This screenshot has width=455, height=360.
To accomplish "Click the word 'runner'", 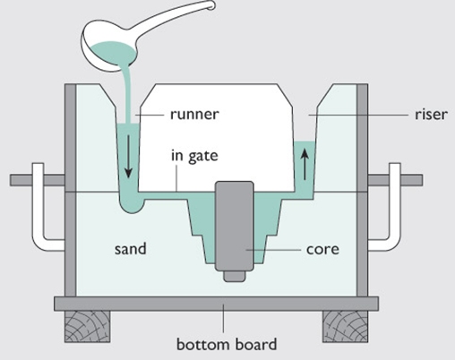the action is [194, 115].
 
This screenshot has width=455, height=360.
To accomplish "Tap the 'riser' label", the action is [431, 115].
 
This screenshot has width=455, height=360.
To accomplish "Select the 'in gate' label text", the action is [194, 156].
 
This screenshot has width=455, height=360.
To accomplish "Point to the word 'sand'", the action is [131, 249].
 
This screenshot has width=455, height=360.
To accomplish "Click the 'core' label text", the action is [322, 249].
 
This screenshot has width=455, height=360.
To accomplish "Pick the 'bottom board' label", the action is [227, 344].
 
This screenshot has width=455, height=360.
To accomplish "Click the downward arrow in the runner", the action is [128, 157].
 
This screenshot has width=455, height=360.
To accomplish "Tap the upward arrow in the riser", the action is [305, 164].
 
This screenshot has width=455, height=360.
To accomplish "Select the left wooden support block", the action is [87, 327].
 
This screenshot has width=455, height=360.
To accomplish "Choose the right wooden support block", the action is [345, 327].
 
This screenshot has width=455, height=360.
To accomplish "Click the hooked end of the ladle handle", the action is [210, 5].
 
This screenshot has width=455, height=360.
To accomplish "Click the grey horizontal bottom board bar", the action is [217, 304].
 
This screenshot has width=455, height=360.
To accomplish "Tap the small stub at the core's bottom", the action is [235, 277].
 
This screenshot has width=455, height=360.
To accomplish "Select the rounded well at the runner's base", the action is [132, 203].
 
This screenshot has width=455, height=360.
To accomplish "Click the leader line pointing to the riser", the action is [358, 115].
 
